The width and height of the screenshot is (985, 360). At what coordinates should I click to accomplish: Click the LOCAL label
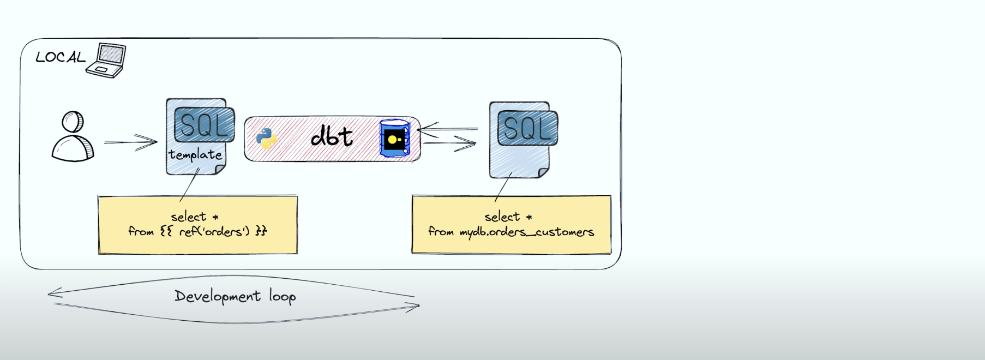[x=60, y=57]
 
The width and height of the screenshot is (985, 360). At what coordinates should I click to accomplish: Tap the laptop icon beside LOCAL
[x=107, y=61]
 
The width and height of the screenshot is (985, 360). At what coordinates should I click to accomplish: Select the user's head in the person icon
[x=73, y=122]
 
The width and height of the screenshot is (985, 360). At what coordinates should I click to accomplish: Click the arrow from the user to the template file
[x=131, y=142]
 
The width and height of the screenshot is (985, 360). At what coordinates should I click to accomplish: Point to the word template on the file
[x=195, y=155]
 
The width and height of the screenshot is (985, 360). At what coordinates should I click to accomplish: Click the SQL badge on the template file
[x=204, y=125]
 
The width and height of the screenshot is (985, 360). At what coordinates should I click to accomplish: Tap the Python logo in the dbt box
[x=266, y=139]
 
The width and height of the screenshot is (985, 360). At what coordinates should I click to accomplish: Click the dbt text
[x=332, y=136]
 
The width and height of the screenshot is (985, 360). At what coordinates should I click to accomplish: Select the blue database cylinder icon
[x=394, y=139]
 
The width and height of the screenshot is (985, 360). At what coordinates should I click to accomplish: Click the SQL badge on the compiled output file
[x=527, y=128]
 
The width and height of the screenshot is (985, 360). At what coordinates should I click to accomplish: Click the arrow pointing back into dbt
[x=447, y=129]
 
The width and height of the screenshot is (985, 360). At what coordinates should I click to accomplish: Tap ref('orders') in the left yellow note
[x=214, y=232]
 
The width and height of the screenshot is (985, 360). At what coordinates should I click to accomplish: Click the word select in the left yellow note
[x=188, y=217]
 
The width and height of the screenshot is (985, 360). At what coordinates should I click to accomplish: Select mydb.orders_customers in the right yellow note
[x=527, y=232]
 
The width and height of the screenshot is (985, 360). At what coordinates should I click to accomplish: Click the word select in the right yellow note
[x=502, y=217]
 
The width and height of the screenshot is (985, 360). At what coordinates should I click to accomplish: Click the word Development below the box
[x=217, y=297]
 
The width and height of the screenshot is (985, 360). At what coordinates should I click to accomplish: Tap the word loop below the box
[x=283, y=297]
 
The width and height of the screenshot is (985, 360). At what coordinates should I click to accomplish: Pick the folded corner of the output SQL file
[x=543, y=173]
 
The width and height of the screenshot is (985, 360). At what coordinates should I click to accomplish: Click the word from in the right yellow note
[x=441, y=232]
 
